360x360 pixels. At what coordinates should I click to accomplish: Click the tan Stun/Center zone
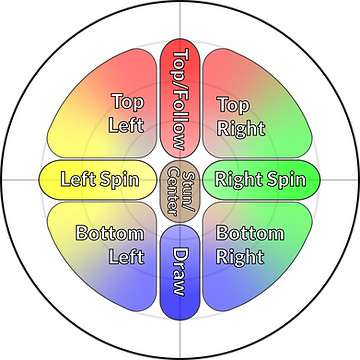tap(180, 180)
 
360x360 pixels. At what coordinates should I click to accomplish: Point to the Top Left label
tap(127, 113)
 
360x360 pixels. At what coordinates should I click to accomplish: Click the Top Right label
tap(237, 113)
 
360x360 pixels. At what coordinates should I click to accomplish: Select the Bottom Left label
tap(110, 243)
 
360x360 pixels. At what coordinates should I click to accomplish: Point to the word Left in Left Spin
tap(79, 181)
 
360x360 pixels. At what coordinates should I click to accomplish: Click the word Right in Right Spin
tap(239, 181)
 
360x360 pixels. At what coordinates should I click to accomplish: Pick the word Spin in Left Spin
tap(119, 181)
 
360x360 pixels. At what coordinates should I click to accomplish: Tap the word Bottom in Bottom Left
tap(110, 233)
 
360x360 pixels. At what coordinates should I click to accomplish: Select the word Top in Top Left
tap(127, 102)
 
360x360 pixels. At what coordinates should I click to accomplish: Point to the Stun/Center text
tap(180, 180)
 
